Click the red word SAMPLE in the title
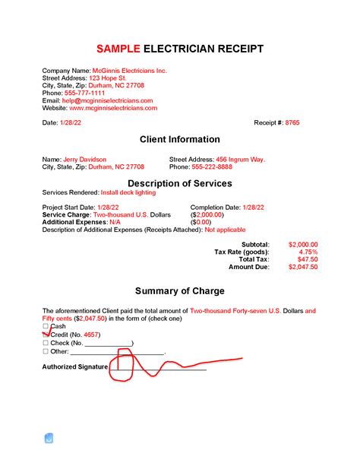(x=118, y=49)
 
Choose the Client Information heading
(x=180, y=140)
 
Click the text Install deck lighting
(x=134, y=193)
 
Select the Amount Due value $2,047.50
(x=303, y=267)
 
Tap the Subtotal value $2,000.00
(x=303, y=244)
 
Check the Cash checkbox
(x=46, y=326)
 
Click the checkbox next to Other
(x=46, y=352)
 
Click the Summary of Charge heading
(x=180, y=291)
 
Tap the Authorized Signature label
(x=74, y=366)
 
